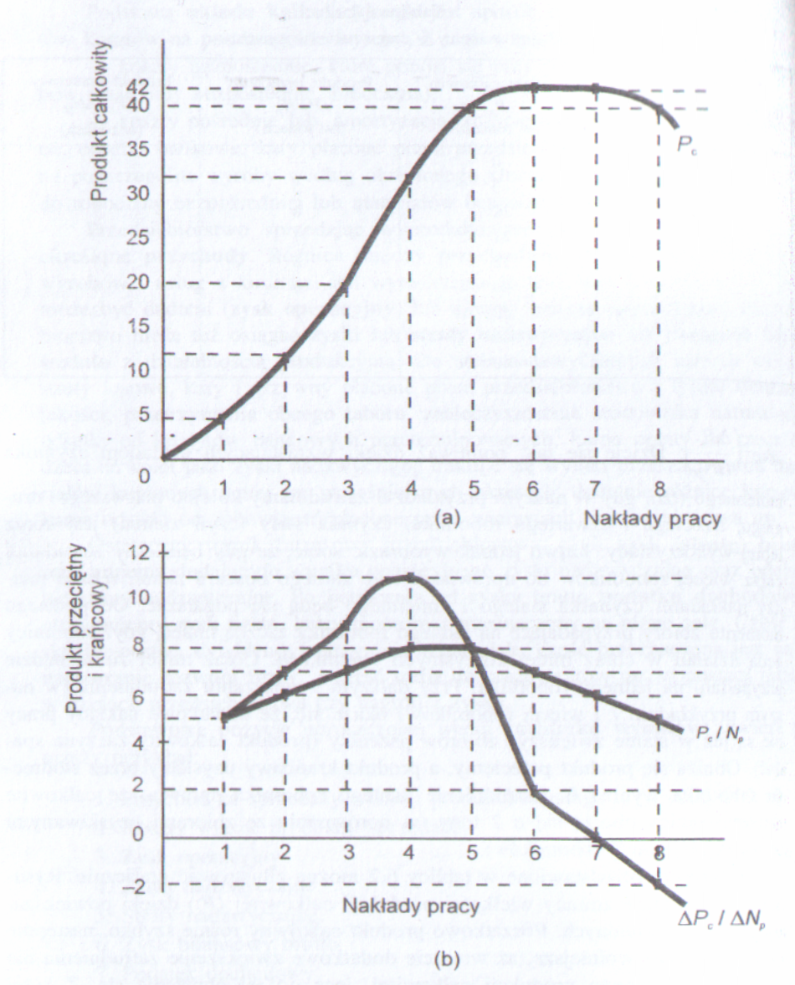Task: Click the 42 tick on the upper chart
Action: tap(140, 85)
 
